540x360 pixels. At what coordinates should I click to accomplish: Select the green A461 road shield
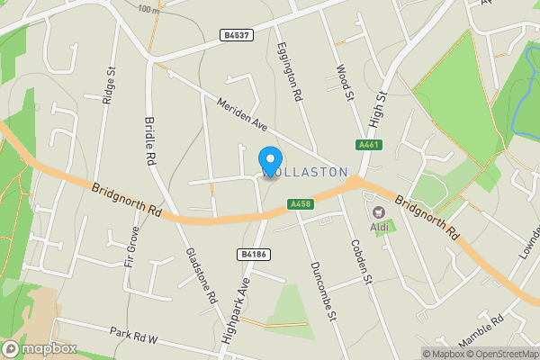(366, 145)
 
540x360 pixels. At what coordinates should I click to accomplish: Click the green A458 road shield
(301, 205)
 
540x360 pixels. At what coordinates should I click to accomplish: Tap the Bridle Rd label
(148, 141)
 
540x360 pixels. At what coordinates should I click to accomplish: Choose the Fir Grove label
(132, 249)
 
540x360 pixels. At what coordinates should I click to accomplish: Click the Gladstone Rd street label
(202, 275)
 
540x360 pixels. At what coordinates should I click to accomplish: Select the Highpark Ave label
(236, 311)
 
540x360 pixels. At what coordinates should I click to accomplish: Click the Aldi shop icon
(378, 212)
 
